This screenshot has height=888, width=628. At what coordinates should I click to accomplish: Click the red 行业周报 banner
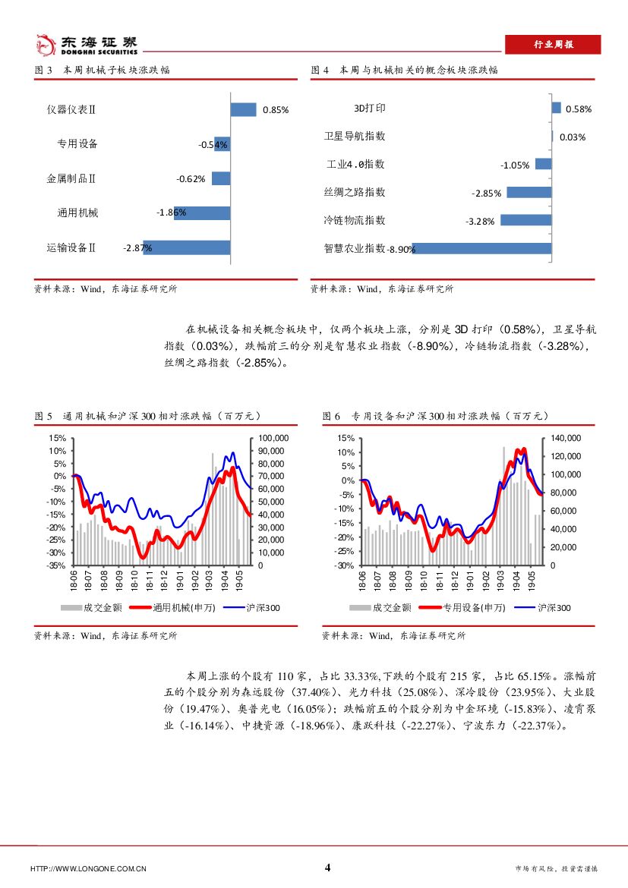[x=552, y=45]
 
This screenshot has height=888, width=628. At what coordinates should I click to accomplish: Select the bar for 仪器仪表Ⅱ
[x=243, y=109]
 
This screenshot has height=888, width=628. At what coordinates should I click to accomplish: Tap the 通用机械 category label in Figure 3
[x=77, y=213]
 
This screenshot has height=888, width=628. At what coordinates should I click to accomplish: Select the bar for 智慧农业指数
[x=481, y=248]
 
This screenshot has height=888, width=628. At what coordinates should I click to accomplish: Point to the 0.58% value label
[x=579, y=109]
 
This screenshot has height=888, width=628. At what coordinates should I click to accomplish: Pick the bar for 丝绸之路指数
[x=529, y=192]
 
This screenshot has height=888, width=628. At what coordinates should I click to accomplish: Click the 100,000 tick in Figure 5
[x=273, y=438]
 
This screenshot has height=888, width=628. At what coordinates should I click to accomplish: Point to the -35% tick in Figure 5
[x=57, y=565]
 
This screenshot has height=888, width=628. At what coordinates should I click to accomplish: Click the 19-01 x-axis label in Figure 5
[x=179, y=581]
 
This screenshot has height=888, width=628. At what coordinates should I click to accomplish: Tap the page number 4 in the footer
[x=327, y=868]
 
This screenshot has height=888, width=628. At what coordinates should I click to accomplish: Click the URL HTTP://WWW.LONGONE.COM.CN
[x=88, y=869]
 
